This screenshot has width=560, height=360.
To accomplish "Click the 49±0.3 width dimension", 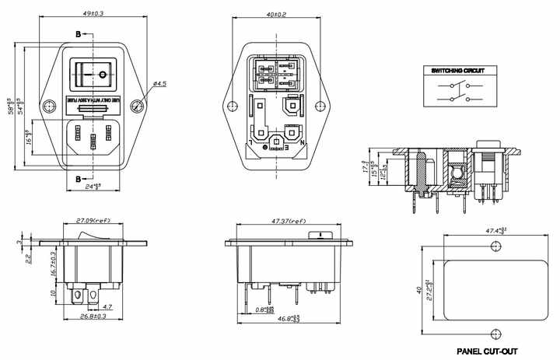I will pos(94,13).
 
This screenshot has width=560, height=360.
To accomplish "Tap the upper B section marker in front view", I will pos(78,35).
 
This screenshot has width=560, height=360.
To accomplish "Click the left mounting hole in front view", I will pos(50,107).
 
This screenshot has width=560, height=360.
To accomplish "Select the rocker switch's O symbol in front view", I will pos(103,75).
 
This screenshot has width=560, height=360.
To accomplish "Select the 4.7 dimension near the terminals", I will pos(107,308).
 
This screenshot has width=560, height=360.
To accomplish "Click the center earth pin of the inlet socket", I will pos(94,142).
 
